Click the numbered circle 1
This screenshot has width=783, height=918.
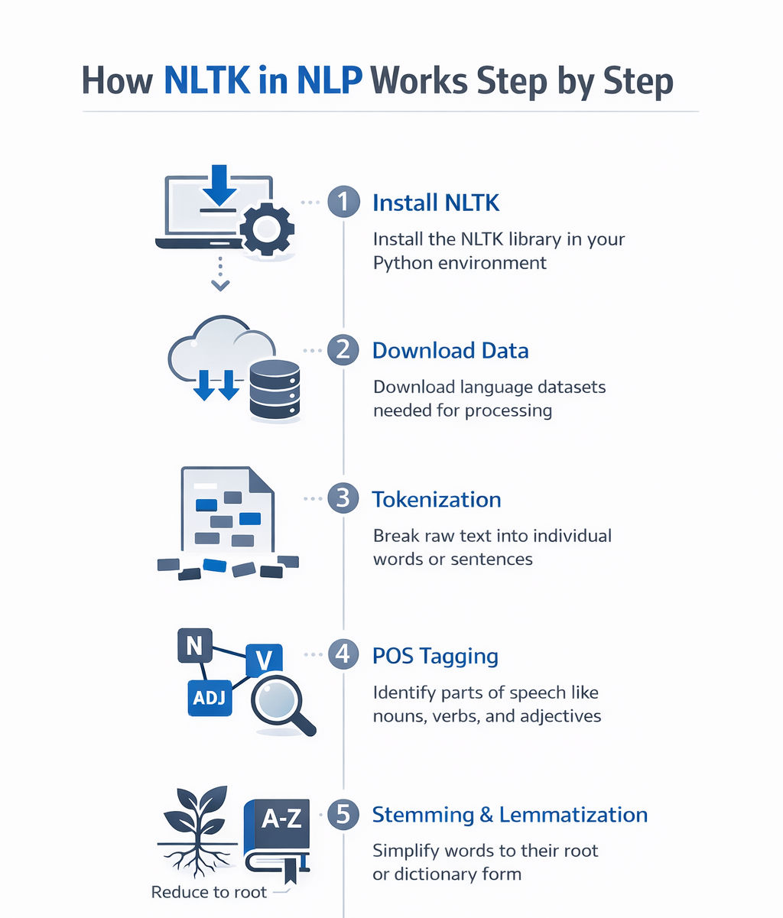click(343, 202)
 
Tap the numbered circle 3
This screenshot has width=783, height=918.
click(343, 498)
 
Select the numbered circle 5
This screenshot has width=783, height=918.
click(343, 814)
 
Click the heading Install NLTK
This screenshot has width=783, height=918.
click(436, 203)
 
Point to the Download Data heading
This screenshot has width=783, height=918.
click(450, 351)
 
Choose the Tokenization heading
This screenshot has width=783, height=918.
click(437, 499)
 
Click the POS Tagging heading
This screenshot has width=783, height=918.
click(435, 656)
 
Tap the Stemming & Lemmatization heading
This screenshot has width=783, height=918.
click(510, 815)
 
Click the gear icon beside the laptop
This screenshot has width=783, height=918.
click(267, 229)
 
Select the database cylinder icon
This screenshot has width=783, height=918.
click(275, 391)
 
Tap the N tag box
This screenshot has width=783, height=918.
click(194, 647)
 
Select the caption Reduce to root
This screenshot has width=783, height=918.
click(209, 892)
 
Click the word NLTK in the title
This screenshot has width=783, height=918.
click(206, 81)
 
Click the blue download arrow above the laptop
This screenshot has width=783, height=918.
click(221, 187)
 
